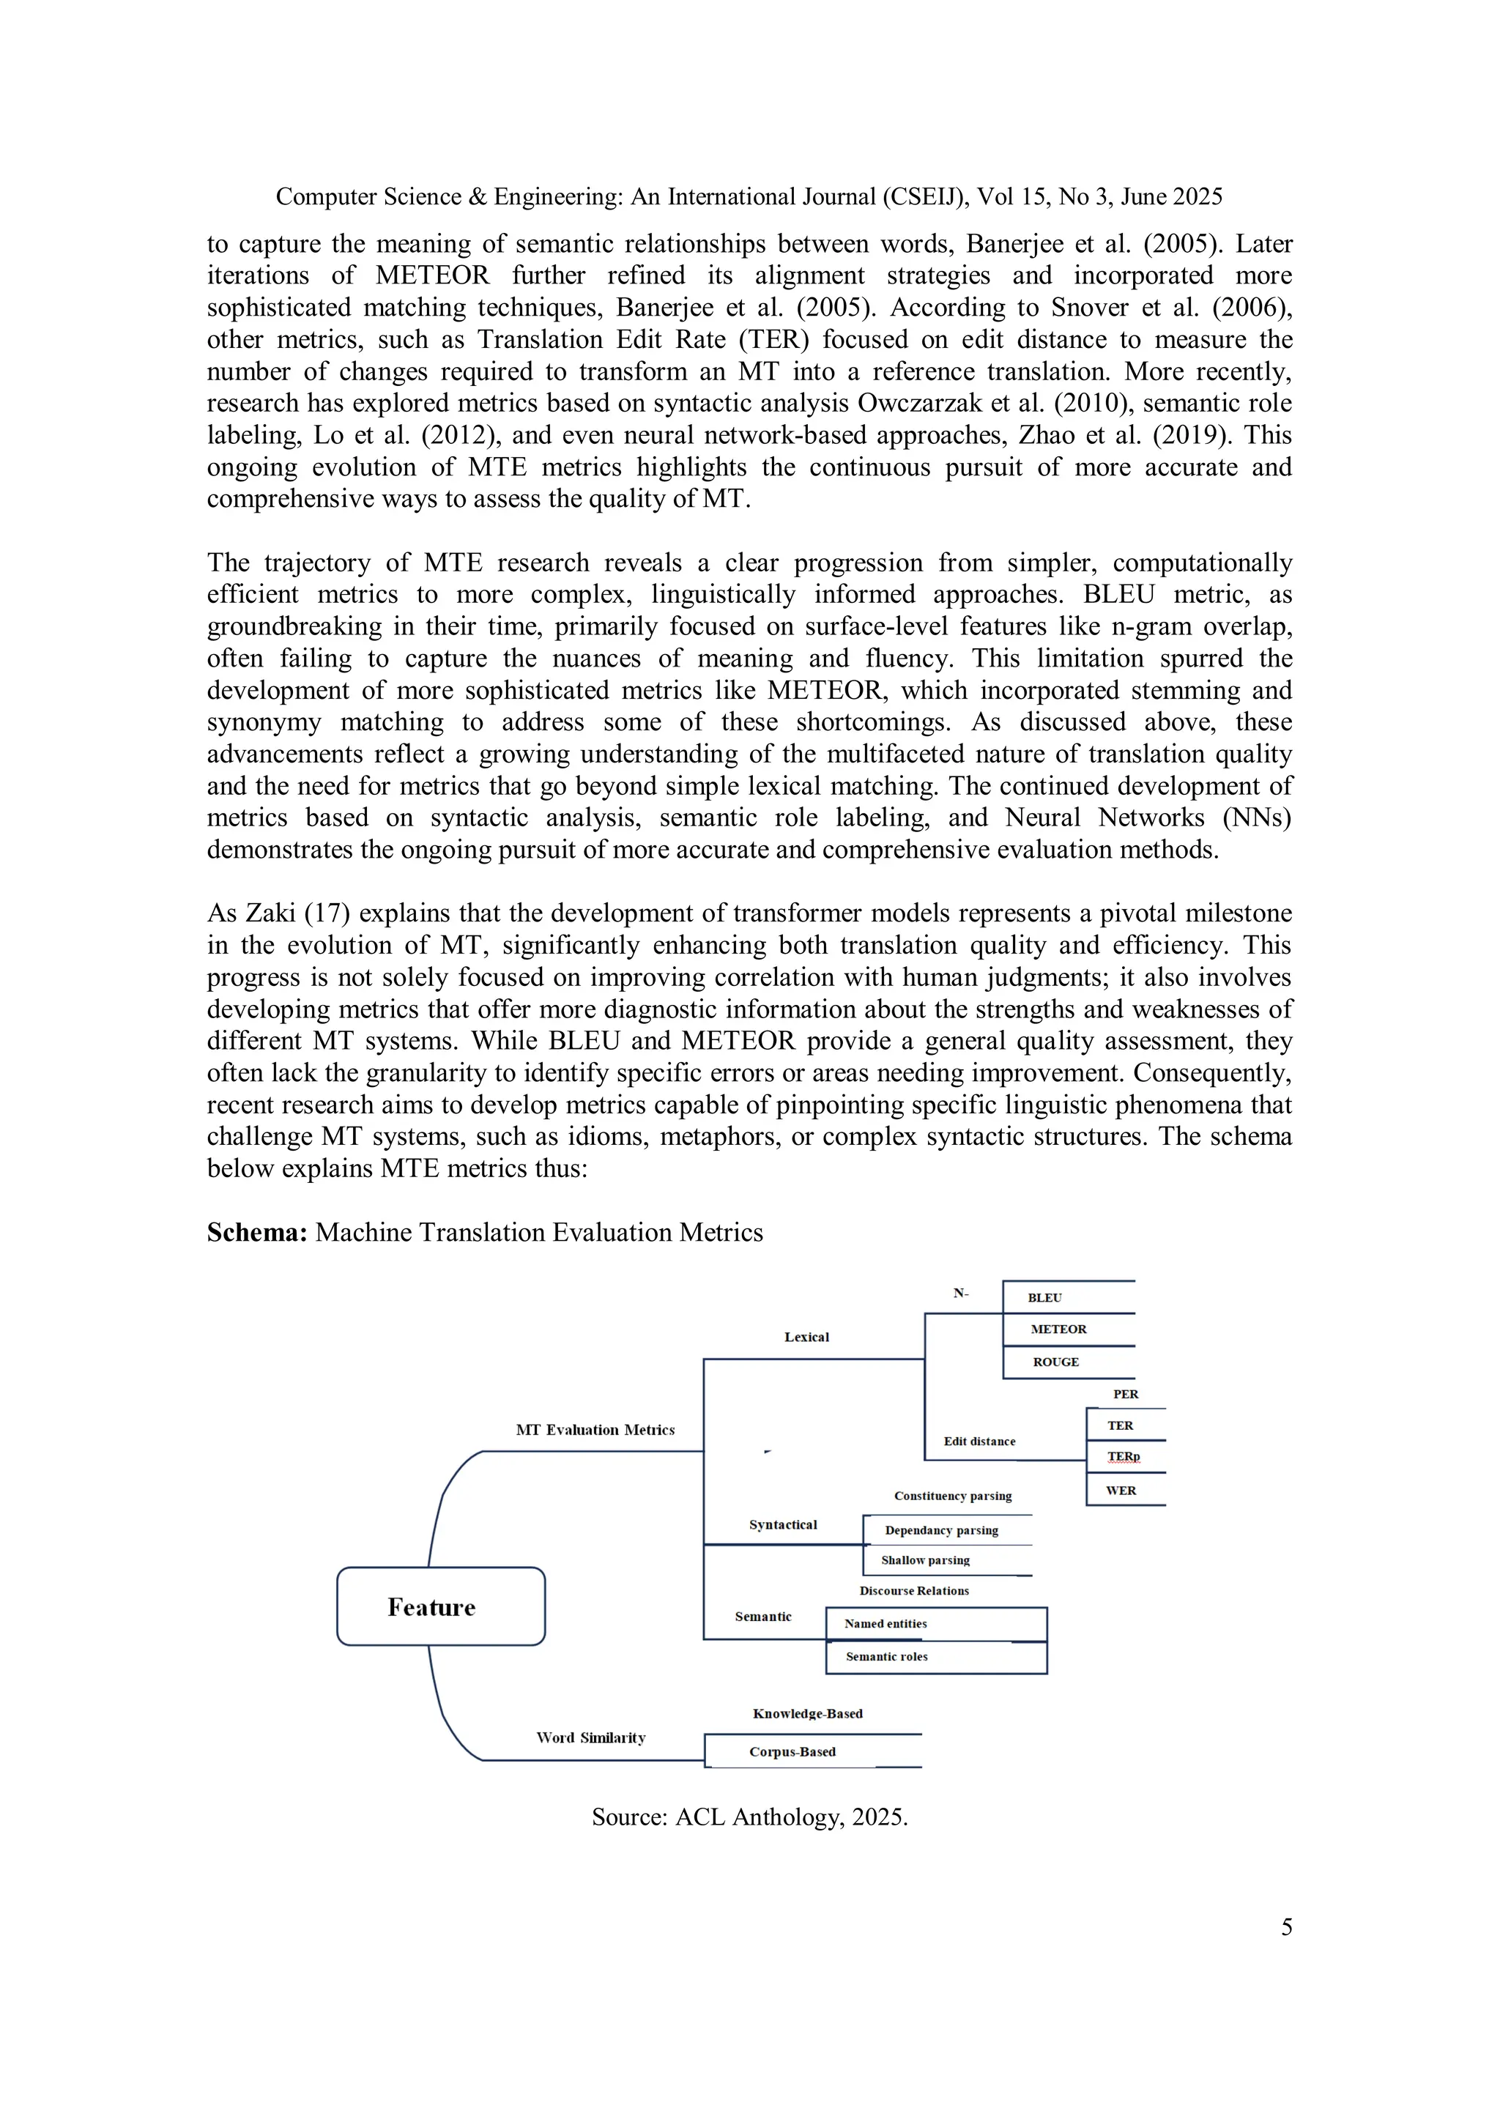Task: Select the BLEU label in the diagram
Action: pos(1044,1298)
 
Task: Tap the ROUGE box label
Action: pos(1055,1362)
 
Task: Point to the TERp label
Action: pos(1123,1457)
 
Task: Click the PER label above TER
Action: pos(1125,1394)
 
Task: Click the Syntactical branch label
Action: pos(783,1524)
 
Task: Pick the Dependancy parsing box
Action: pos(941,1529)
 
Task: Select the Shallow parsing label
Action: pos(925,1560)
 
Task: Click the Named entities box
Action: pos(885,1623)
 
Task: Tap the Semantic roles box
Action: pos(886,1656)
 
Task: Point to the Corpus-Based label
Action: pos(792,1751)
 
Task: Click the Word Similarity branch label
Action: pos(590,1737)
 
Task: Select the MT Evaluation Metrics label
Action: pos(595,1430)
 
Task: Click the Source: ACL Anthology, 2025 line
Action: pos(749,1817)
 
